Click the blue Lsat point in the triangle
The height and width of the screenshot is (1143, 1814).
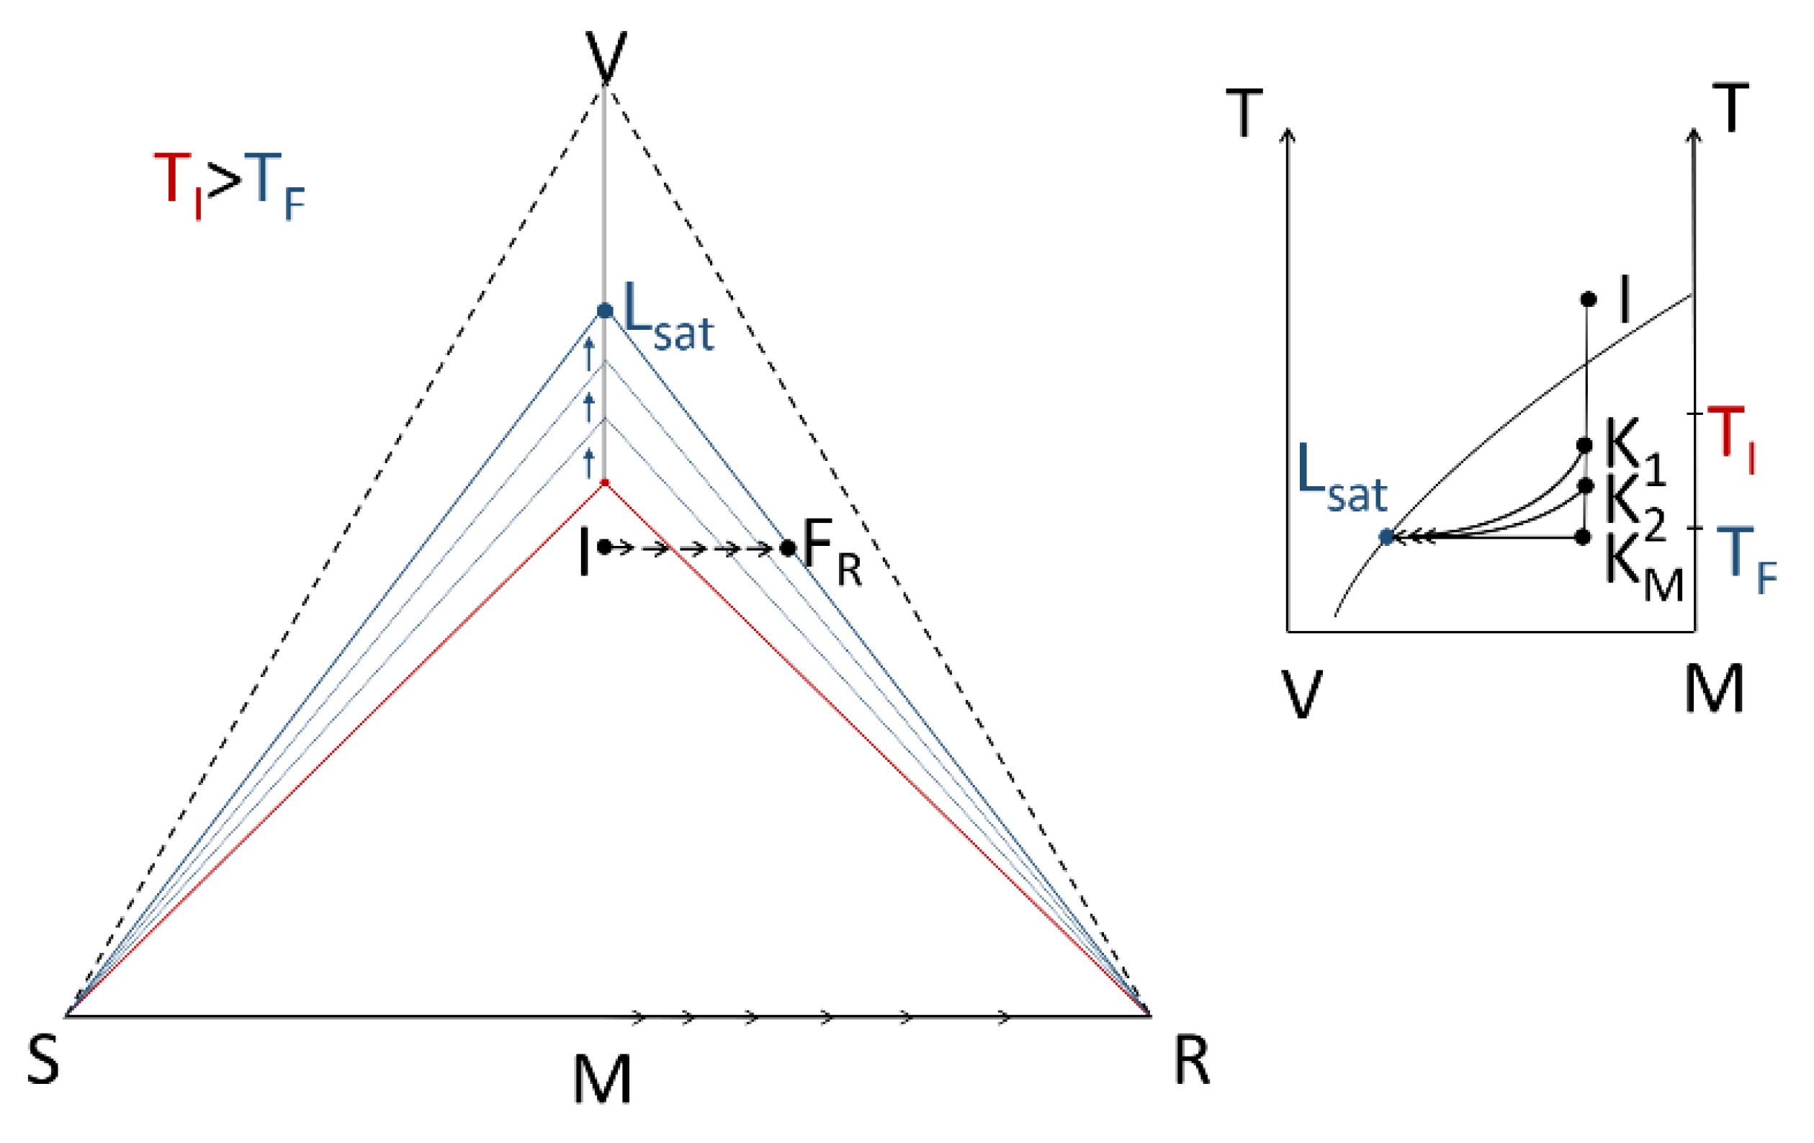coord(604,310)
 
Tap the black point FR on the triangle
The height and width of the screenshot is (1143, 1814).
coord(788,548)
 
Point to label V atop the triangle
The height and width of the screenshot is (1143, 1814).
coord(606,56)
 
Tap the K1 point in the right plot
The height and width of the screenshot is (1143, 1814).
coord(1584,445)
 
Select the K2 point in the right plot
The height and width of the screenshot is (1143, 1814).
coord(1585,486)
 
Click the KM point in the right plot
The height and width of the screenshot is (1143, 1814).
coord(1583,537)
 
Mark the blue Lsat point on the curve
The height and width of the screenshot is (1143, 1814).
coord(1386,537)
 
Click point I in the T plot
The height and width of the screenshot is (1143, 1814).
coord(1588,299)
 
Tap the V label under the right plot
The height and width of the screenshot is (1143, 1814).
coord(1301,692)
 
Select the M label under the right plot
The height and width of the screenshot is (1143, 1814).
coord(1715,689)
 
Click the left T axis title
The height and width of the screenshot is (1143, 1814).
coord(1244,114)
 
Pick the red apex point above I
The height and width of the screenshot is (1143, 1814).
coord(604,483)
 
